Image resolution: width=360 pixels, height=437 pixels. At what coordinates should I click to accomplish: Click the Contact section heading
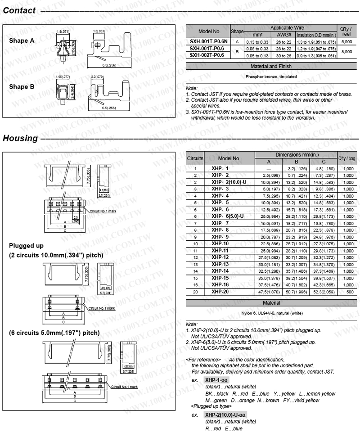click(x=19, y=10)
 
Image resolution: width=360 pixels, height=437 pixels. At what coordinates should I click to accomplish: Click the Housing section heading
click(x=20, y=138)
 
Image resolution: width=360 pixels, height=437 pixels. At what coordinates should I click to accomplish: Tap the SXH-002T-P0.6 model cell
click(x=207, y=55)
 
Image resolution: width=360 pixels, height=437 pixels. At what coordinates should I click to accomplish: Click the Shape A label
click(x=22, y=41)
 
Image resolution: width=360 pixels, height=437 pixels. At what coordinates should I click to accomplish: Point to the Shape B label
click(x=22, y=87)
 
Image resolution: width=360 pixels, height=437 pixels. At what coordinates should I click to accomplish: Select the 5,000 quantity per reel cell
click(x=346, y=41)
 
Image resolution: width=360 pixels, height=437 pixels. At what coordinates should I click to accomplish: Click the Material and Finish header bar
click(x=271, y=66)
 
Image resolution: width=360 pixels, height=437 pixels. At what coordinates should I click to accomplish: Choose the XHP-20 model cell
click(x=220, y=292)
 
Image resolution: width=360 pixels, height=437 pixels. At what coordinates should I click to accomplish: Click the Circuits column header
click(x=195, y=158)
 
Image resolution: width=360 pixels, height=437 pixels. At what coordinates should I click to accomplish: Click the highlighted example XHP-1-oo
click(x=216, y=380)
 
